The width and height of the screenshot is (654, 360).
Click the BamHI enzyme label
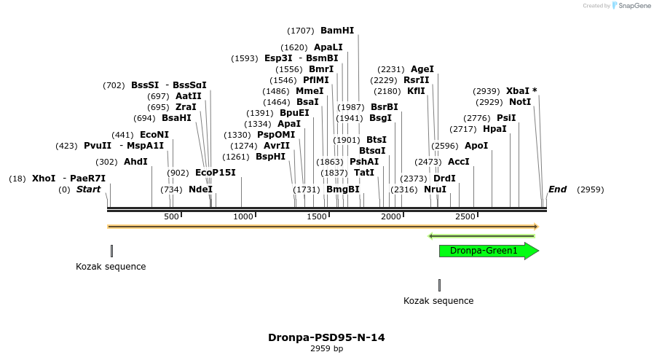tap(337, 31)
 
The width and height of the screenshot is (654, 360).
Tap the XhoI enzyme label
tap(44, 179)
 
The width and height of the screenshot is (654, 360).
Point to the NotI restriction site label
tap(520, 102)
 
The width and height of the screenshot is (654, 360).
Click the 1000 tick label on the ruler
tap(243, 217)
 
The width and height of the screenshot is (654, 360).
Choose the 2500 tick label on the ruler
tap(465, 217)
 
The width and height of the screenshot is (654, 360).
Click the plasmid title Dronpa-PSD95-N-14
tap(326, 337)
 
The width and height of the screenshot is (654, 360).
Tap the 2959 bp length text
tap(326, 349)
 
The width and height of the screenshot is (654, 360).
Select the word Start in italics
tap(88, 189)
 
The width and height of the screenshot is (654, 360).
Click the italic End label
tap(557, 189)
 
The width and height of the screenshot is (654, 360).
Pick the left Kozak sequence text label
tap(111, 267)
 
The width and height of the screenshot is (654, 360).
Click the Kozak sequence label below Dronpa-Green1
tap(438, 301)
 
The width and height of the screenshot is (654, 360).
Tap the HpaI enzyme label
tap(495, 129)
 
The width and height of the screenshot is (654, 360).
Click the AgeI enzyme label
tap(422, 69)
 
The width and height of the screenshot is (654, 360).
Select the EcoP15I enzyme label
tap(216, 173)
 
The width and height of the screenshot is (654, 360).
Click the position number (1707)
tap(301, 31)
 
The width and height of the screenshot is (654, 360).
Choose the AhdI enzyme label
tap(135, 162)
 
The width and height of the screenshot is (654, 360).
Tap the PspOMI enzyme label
tap(276, 135)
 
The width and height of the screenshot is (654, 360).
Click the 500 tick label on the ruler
tap(171, 217)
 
